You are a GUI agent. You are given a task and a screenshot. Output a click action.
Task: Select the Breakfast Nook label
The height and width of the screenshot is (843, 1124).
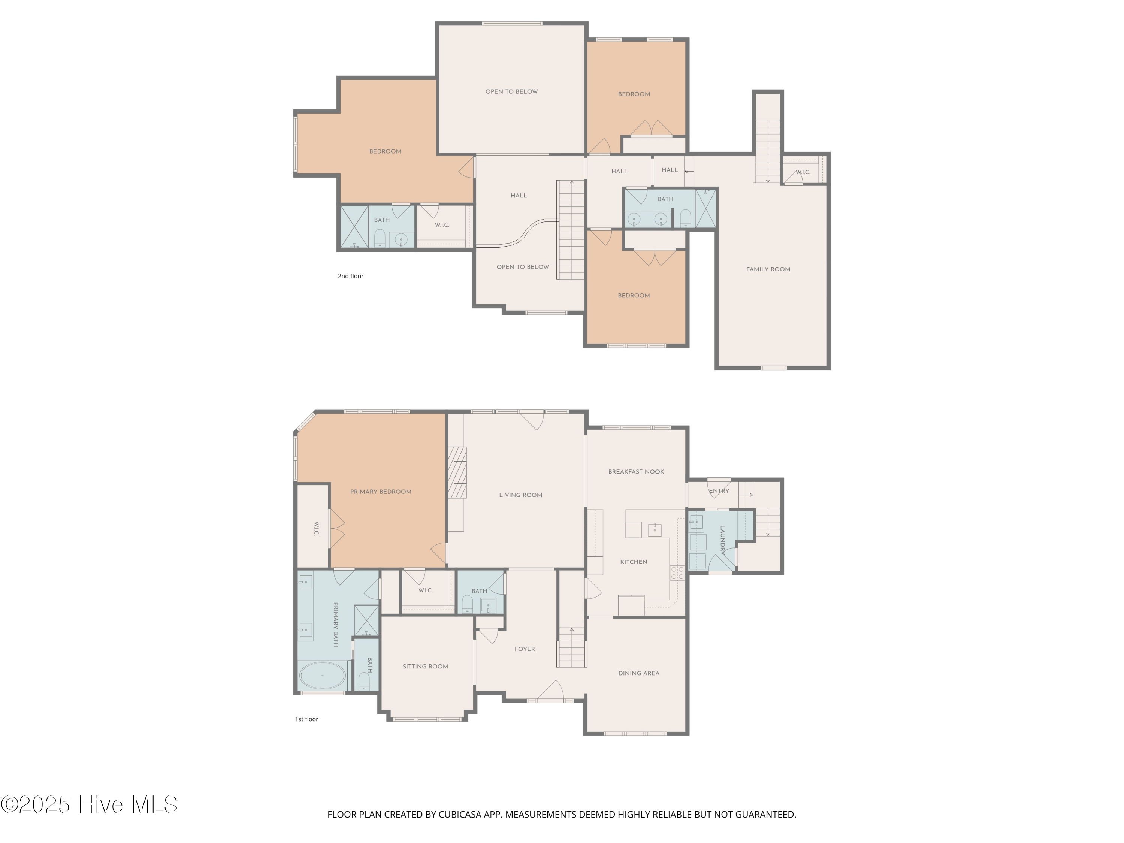pos(636,472)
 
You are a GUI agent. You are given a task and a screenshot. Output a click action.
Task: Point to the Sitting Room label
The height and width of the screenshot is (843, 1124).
pos(425,667)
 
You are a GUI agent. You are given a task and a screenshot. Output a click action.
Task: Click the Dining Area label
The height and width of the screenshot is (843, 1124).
pos(639,673)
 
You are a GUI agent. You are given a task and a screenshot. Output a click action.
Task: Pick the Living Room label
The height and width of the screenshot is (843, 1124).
pos(520,495)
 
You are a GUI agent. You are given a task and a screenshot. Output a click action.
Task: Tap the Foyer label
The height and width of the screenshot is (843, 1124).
pos(525,649)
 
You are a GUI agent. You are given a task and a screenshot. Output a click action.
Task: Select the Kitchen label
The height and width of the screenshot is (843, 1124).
pos(634,562)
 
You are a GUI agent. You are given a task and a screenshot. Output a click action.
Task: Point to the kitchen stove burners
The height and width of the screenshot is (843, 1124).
pos(677,573)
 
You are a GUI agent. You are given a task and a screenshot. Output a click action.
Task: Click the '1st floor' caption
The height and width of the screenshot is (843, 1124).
pos(306,719)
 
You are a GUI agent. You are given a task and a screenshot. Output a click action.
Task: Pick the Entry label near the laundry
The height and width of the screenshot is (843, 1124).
pos(719,491)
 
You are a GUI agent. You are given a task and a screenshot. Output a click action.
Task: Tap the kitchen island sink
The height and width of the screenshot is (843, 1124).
pos(655,530)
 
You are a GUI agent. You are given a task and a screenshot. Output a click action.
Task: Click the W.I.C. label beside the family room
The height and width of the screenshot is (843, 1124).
pos(803,172)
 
